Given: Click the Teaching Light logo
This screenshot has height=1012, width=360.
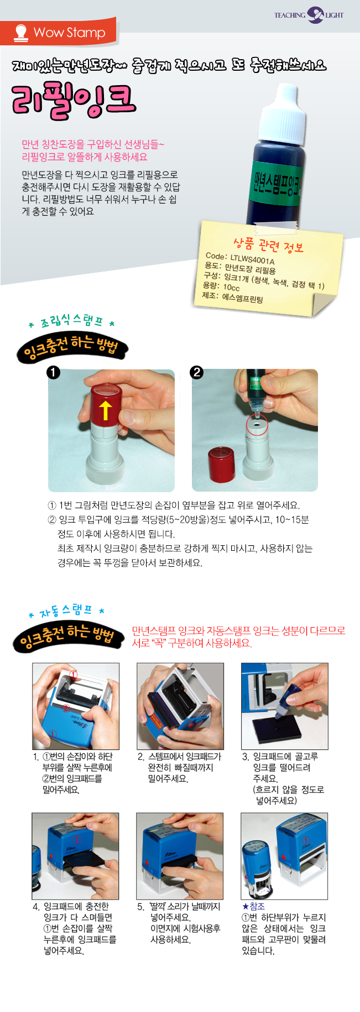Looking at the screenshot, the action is point(309,15).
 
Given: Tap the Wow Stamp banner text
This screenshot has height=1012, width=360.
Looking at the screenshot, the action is point(69,33).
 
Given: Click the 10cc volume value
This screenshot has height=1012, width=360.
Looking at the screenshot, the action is point(231,287).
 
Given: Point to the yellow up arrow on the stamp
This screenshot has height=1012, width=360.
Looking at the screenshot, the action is point(105,410).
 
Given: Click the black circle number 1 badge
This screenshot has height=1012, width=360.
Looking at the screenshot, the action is point(53,372).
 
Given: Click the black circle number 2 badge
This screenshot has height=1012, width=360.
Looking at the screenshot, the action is point(196,372).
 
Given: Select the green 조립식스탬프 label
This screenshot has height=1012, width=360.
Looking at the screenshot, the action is point(71,321).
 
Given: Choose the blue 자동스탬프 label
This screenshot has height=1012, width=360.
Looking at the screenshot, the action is point(65,611).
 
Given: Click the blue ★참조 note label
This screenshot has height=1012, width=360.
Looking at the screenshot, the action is point(253,906).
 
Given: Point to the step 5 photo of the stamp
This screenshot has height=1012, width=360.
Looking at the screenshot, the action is point(180,856).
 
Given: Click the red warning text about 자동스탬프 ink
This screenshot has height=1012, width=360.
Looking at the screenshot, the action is point(238,637).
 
